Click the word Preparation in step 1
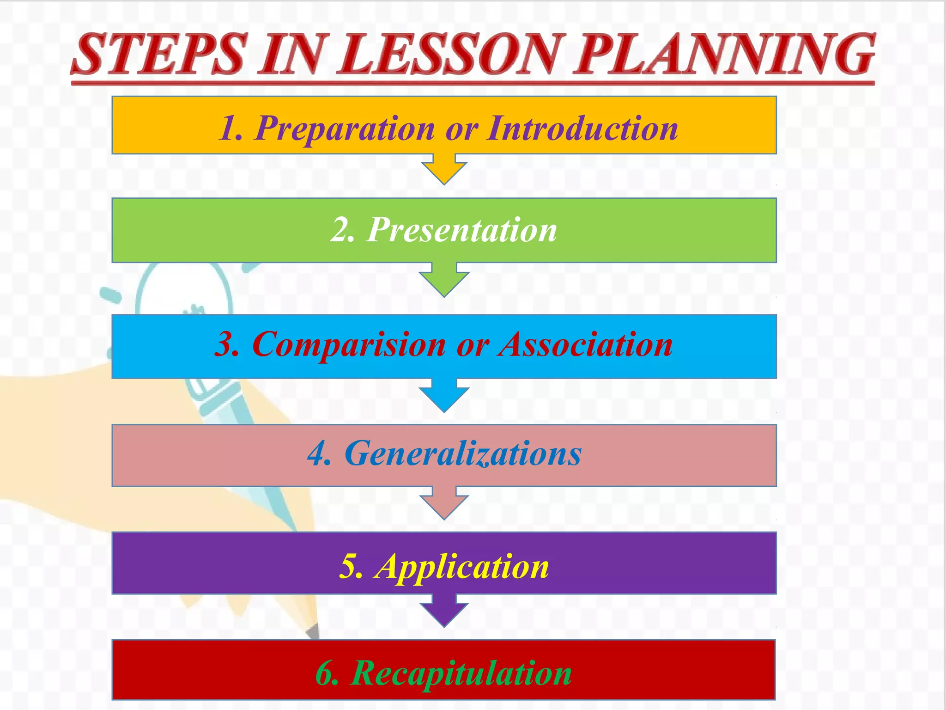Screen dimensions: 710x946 click(x=344, y=128)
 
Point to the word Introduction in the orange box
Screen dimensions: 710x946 click(x=582, y=128)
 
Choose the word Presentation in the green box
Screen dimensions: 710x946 click(x=462, y=230)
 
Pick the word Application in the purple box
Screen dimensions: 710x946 click(x=462, y=567)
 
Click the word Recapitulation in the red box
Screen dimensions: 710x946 click(x=462, y=673)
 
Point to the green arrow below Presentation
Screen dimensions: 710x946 click(x=444, y=280)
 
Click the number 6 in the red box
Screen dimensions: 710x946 click(x=326, y=673)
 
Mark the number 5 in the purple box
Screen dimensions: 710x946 click(x=350, y=567)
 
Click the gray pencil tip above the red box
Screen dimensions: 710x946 click(x=314, y=631)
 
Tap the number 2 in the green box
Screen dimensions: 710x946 click(x=341, y=230)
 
